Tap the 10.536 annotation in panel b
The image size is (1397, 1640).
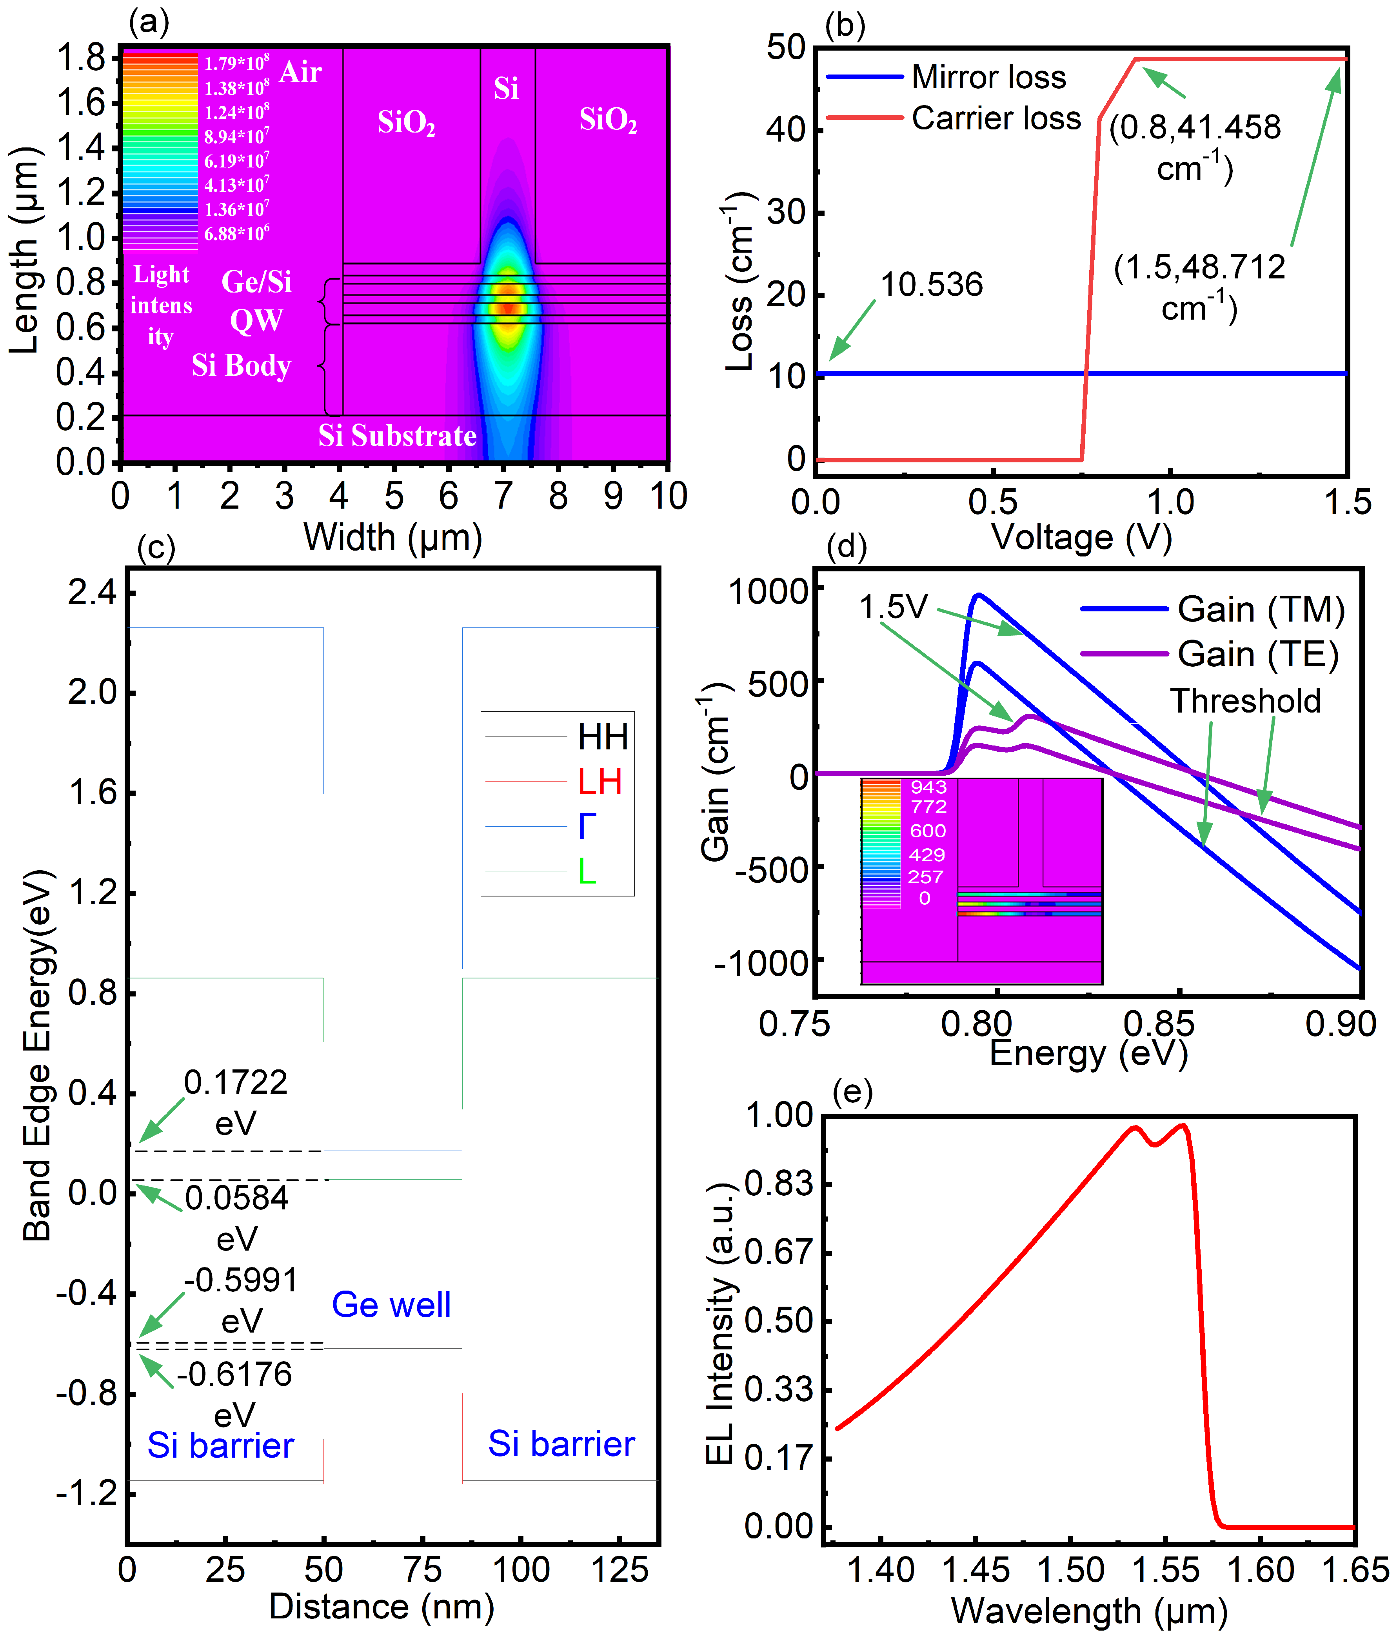point(932,285)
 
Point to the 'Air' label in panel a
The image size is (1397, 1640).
point(301,72)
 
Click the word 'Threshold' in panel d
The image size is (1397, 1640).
point(1245,701)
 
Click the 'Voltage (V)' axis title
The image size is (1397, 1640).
point(1081,537)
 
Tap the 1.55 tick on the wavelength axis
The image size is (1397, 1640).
point(1166,1570)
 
